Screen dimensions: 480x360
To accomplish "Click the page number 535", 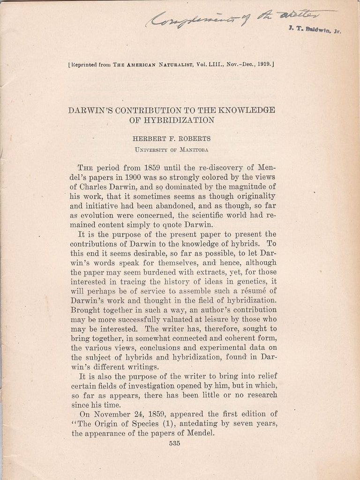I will pyautogui.click(x=174, y=444).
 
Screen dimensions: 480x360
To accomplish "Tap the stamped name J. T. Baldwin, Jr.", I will pyautogui.click(x=315, y=30).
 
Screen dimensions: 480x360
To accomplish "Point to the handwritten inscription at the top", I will pyautogui.click(x=239, y=18).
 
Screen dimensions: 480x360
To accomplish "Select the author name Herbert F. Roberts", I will pyautogui.click(x=172, y=139).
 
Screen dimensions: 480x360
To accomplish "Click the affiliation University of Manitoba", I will pyautogui.click(x=172, y=150).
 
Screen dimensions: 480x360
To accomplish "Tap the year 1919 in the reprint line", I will pyautogui.click(x=261, y=64).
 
